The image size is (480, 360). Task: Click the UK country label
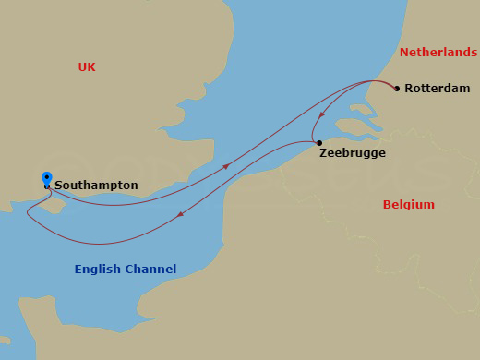(87, 67)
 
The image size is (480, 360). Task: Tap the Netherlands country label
(438, 54)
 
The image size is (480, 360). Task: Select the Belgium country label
(408, 205)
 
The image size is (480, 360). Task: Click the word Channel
(151, 270)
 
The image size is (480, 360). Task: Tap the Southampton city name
(96, 186)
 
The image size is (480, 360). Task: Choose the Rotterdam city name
(437, 89)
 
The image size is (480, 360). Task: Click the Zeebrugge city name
(353, 153)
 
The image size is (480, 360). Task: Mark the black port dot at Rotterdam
(397, 89)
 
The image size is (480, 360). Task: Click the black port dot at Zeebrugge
(318, 143)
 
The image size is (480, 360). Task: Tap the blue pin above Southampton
(46, 177)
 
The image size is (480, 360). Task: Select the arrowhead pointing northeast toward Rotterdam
(226, 167)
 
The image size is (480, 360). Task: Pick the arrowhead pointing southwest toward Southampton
(179, 215)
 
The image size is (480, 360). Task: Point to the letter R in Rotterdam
(409, 89)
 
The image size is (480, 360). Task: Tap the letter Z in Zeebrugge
(324, 153)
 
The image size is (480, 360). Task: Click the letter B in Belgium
(388, 205)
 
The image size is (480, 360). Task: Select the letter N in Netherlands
(403, 54)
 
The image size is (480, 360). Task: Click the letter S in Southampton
(59, 186)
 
